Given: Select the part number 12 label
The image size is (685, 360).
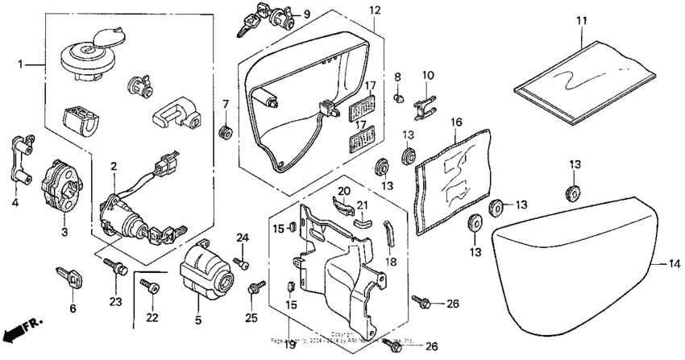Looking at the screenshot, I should pos(374,10).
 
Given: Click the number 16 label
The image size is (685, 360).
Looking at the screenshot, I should pos(456,122).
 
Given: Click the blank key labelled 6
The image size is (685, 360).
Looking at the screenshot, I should pos(70,279).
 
